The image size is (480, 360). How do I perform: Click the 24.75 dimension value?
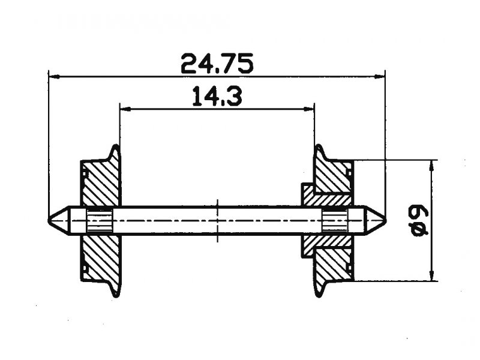click(x=217, y=64)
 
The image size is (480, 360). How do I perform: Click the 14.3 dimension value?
click(x=217, y=96)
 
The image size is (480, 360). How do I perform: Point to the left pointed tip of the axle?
click(x=49, y=220)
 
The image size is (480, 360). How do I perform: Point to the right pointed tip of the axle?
click(x=385, y=220)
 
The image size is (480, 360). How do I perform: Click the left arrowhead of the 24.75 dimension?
click(x=54, y=76)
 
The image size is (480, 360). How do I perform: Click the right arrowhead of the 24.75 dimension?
click(x=380, y=76)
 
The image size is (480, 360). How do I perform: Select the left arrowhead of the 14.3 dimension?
click(x=125, y=109)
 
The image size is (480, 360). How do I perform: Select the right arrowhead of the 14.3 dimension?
click(x=308, y=109)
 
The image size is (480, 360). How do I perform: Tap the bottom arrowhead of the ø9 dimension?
click(x=431, y=275)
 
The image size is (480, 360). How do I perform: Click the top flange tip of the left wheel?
click(x=116, y=146)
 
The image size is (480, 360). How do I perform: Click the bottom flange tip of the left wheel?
click(x=115, y=295)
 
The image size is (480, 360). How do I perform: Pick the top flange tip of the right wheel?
click(x=319, y=146)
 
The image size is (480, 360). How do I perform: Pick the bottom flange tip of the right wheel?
click(x=319, y=295)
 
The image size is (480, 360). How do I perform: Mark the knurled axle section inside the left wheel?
click(x=100, y=220)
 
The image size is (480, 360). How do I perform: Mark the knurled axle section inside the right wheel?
click(x=335, y=220)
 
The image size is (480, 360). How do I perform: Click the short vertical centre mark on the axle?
click(x=217, y=220)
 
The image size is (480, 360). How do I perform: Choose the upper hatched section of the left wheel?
click(x=100, y=182)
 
